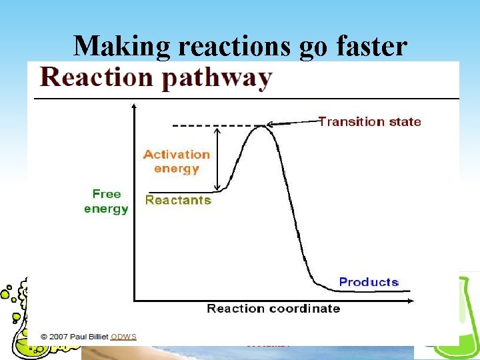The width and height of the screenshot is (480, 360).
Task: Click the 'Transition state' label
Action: (x=369, y=121)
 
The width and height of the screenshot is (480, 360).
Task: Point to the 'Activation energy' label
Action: (x=176, y=161)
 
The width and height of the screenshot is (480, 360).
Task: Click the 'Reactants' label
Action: (x=178, y=200)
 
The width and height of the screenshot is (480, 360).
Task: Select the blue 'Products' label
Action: (x=369, y=282)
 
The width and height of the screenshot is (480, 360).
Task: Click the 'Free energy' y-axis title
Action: (x=106, y=201)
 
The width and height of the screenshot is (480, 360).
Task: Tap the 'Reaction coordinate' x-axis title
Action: (x=273, y=309)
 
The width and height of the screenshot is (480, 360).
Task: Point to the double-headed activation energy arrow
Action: (x=216, y=159)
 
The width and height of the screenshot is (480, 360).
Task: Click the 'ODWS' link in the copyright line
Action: (x=123, y=337)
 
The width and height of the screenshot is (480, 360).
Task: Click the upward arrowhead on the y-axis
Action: (x=134, y=106)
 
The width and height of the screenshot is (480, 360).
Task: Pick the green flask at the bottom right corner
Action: (x=457, y=320)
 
